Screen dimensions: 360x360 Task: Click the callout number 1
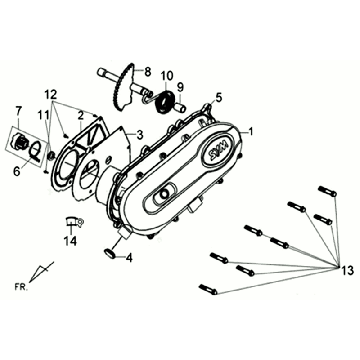pyautogui.click(x=251, y=130)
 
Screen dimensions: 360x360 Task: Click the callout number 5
pyautogui.click(x=219, y=98)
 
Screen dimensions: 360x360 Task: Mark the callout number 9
pyautogui.click(x=182, y=88)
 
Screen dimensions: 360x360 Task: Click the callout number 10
pyautogui.click(x=167, y=76)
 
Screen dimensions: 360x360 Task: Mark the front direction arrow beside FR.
pyautogui.click(x=42, y=272)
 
